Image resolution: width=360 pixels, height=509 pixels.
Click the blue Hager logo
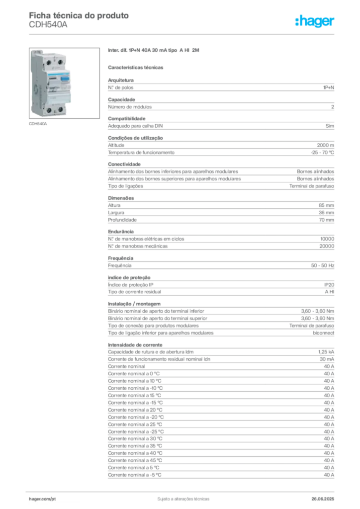click(x=315, y=22)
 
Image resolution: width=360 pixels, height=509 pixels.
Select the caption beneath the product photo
click(x=37, y=124)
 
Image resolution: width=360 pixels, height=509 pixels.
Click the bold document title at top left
click(x=80, y=15)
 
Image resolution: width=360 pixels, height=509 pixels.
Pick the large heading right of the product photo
click(x=155, y=51)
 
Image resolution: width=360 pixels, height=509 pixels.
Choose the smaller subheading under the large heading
click(x=137, y=67)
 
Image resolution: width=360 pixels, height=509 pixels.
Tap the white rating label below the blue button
click(x=65, y=87)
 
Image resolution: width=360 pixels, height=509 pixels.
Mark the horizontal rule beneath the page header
click(x=183, y=34)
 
